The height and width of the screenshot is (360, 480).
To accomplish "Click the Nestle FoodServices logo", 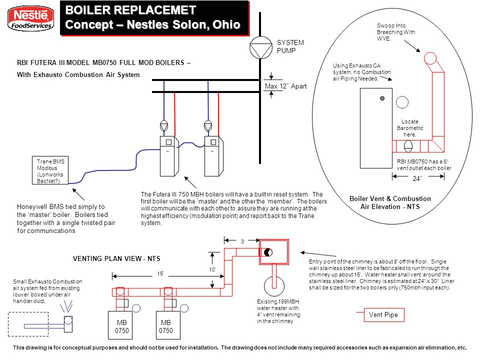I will tap(30, 19).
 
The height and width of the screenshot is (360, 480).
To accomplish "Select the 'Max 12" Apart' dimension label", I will tap(285, 86).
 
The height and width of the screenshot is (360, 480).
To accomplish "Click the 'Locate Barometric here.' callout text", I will tap(409, 128).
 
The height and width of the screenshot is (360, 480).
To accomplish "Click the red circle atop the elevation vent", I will tap(430, 58).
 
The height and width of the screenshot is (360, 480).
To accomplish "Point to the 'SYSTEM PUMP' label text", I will tap(290, 46).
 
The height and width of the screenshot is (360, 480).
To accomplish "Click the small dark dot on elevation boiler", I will tap(382, 97).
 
